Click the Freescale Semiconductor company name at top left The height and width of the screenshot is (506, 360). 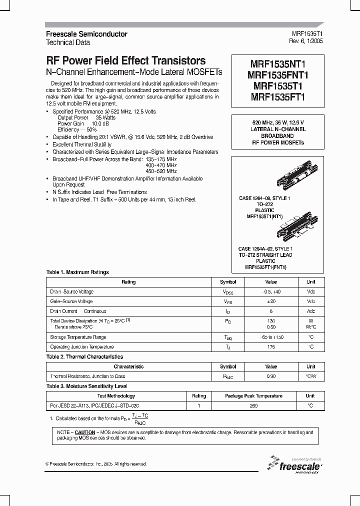coord(86,34)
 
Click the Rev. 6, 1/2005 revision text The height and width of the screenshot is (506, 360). coord(307,42)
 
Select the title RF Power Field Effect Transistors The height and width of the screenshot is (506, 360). coord(125,60)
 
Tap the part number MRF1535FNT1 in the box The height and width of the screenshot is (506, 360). coord(278,75)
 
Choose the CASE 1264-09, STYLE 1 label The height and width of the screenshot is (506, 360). coord(264,198)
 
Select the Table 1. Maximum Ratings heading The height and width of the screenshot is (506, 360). coord(77,272)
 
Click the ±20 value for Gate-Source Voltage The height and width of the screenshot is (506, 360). coord(270,301)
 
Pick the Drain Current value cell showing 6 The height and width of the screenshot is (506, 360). coord(270,311)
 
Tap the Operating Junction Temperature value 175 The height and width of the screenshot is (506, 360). coord(270,346)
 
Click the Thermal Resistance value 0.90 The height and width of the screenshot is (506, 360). coord(270,376)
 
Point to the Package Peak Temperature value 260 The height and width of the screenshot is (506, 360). coord(253,406)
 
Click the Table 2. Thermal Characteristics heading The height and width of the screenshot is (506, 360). coord(84,357)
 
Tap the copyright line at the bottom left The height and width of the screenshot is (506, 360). coord(96,464)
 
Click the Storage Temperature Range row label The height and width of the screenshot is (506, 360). coord(78,337)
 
